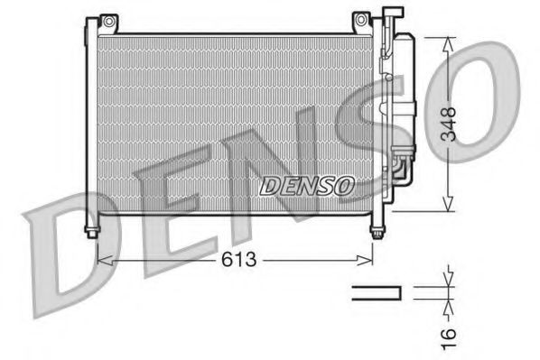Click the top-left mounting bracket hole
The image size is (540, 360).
(107, 20)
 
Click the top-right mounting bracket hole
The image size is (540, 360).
(360, 20)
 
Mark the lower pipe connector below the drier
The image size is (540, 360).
(398, 169)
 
